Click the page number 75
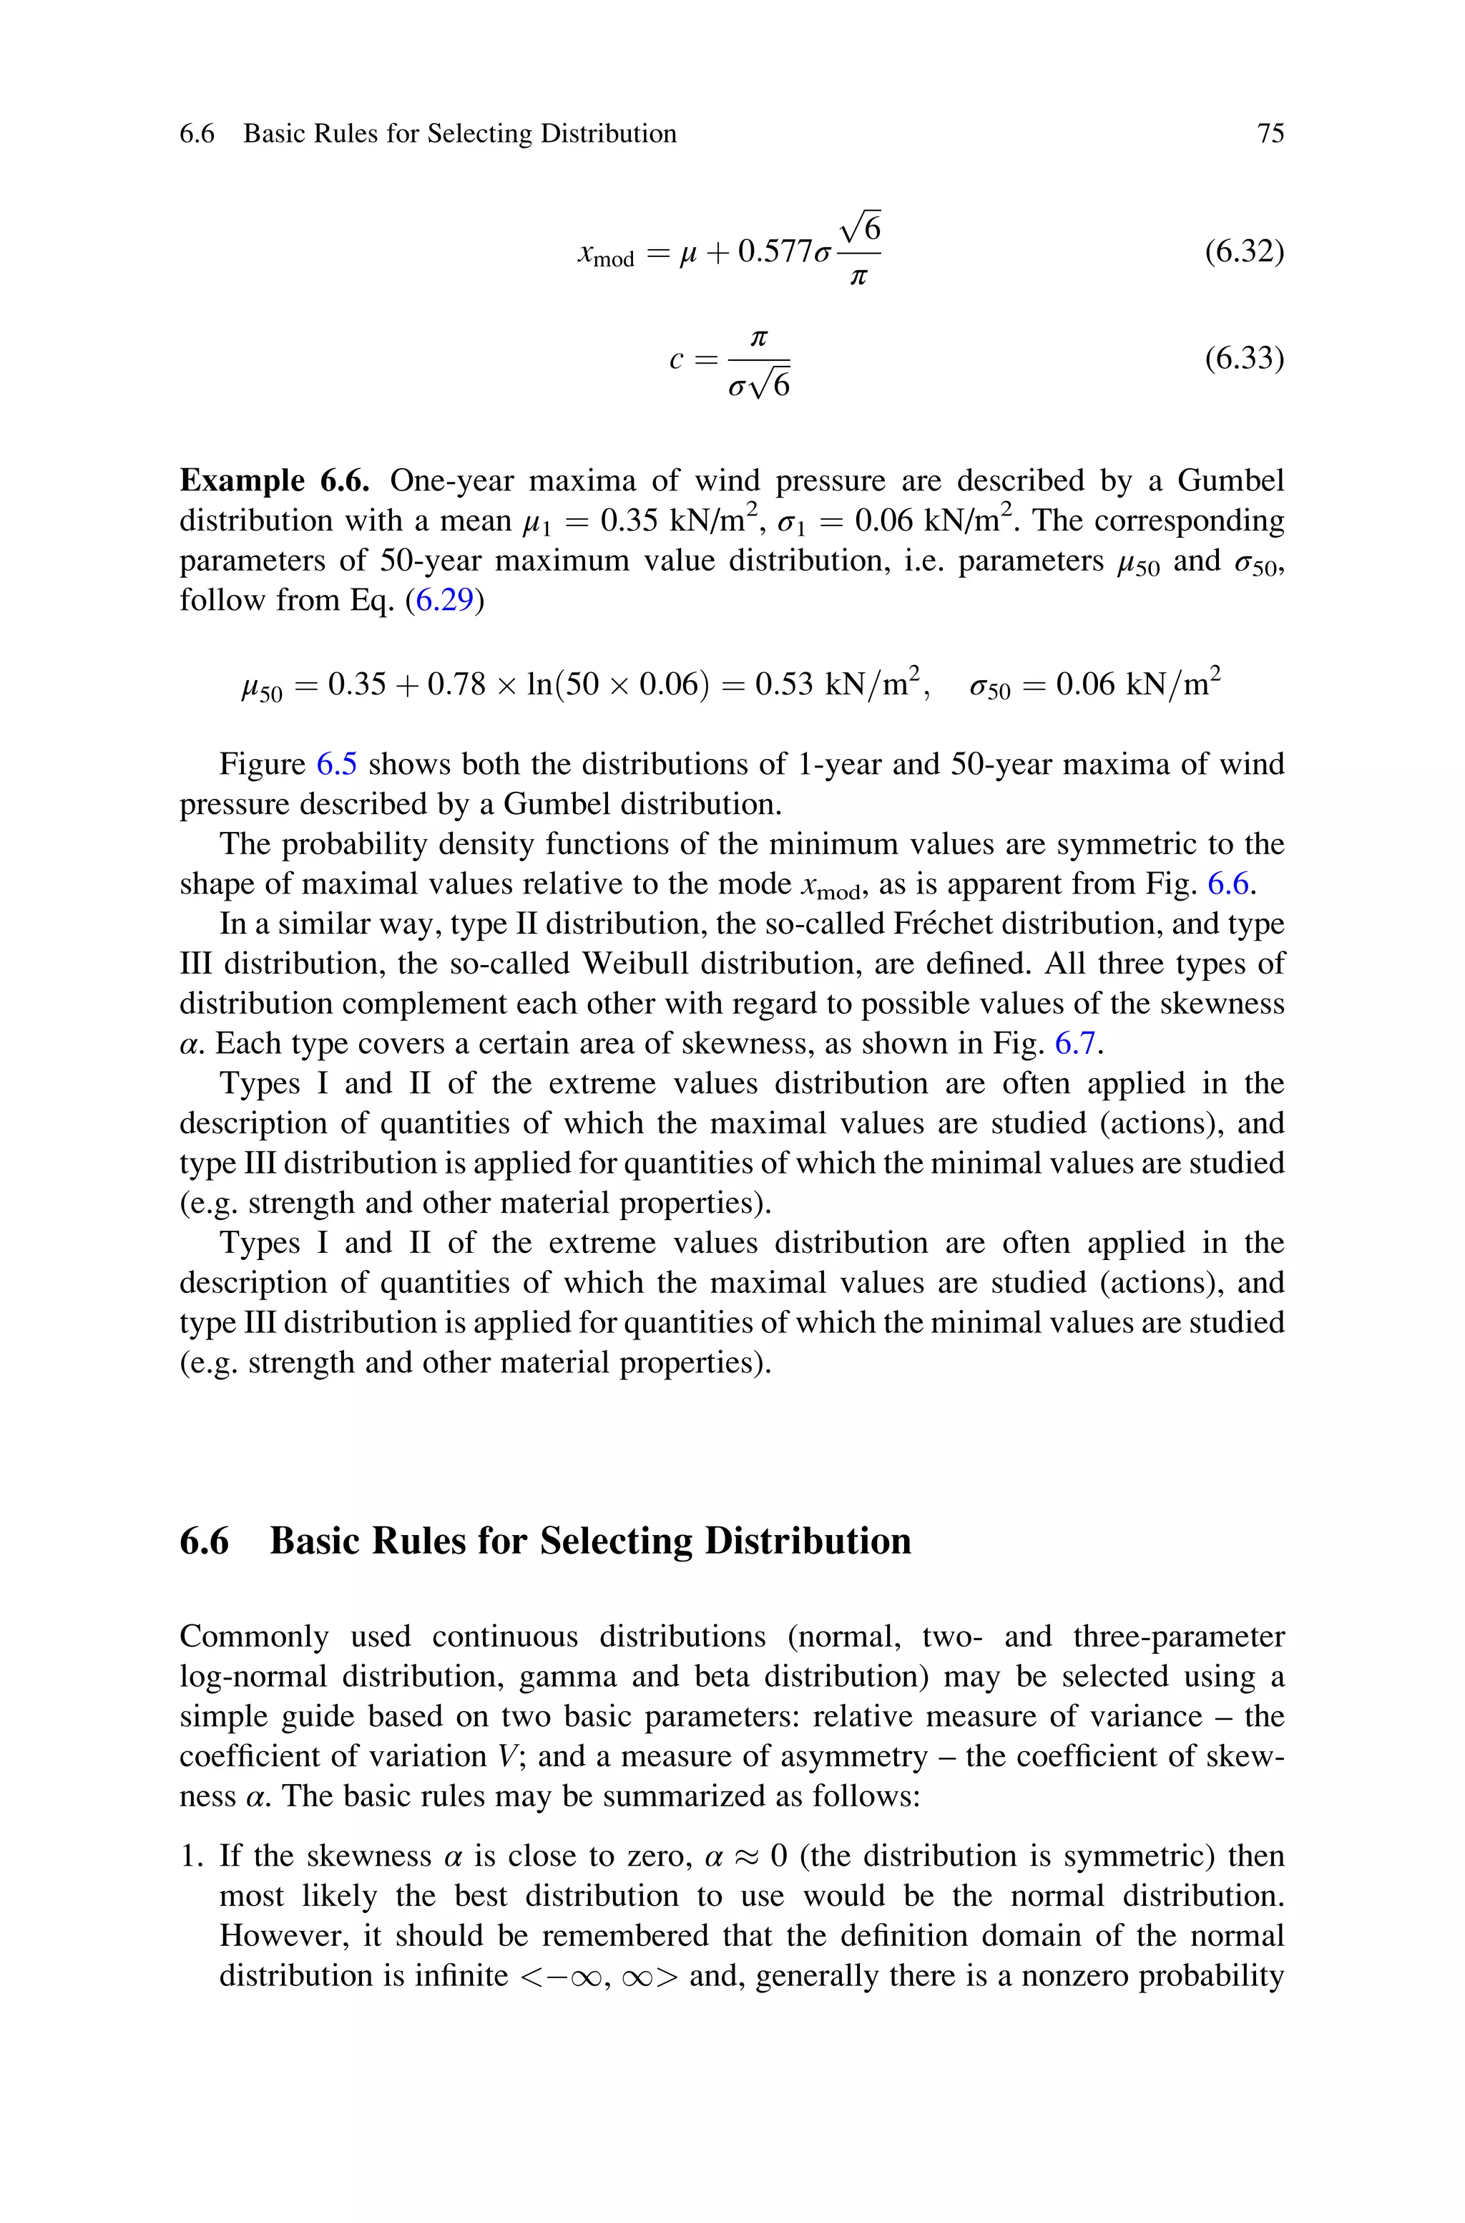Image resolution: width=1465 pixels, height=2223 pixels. [x=1270, y=134]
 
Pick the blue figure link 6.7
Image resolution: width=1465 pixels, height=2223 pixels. [x=1074, y=1043]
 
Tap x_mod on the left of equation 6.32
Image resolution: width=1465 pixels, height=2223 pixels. [x=605, y=254]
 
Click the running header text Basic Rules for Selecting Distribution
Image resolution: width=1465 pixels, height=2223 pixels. [x=460, y=134]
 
